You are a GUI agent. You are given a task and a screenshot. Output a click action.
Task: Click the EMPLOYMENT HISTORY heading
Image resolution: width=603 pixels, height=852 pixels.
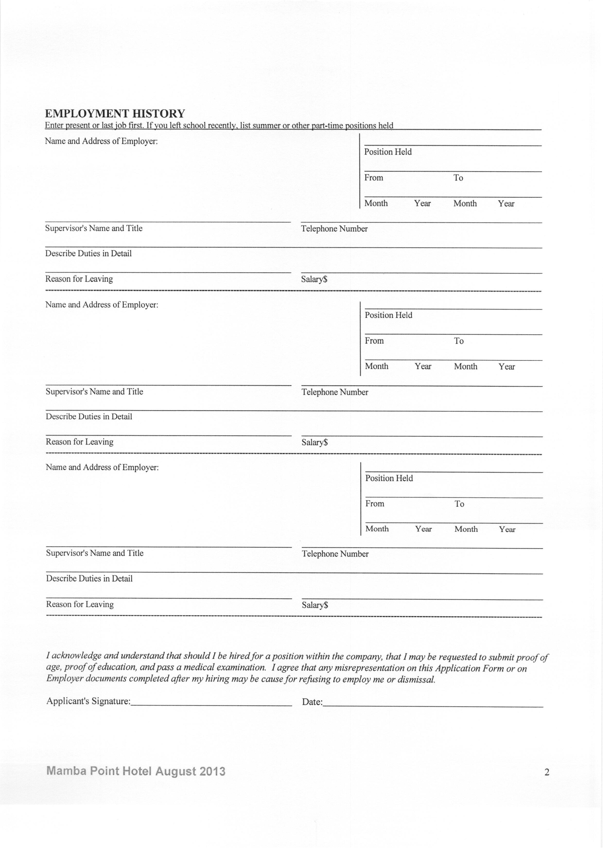pyautogui.click(x=115, y=113)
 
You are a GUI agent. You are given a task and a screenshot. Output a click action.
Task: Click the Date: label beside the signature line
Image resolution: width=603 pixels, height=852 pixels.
pyautogui.click(x=312, y=702)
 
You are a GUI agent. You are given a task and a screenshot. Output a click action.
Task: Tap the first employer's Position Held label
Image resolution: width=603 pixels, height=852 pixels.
pyautogui.click(x=388, y=152)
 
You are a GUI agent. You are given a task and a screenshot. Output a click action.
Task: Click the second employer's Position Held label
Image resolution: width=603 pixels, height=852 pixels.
pyautogui.click(x=388, y=315)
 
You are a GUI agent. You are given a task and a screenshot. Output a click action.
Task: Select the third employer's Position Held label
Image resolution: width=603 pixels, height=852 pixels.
pyautogui.click(x=389, y=478)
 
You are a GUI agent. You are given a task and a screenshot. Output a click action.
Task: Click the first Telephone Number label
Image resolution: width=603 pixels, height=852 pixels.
pyautogui.click(x=334, y=229)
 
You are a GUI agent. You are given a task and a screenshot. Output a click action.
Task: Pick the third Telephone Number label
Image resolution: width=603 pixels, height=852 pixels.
pyautogui.click(x=335, y=554)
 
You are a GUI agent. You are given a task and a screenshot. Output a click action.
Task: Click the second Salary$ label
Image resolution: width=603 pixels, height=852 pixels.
pyautogui.click(x=315, y=442)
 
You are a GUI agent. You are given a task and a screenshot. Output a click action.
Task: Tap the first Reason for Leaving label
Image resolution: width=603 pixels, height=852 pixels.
pyautogui.click(x=79, y=279)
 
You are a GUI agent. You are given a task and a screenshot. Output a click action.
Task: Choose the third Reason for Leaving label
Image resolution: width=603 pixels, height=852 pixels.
pyautogui.click(x=80, y=604)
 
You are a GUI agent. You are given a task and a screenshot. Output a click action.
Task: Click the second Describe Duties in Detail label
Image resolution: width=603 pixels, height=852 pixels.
pyautogui.click(x=89, y=417)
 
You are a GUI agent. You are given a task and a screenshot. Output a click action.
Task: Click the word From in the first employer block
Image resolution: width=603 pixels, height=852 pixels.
pyautogui.click(x=374, y=177)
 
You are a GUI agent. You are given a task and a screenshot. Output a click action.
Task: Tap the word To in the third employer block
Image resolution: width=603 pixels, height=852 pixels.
pyautogui.click(x=459, y=504)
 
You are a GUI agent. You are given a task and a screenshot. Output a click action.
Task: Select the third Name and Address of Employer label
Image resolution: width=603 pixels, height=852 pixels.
pyautogui.click(x=102, y=467)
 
